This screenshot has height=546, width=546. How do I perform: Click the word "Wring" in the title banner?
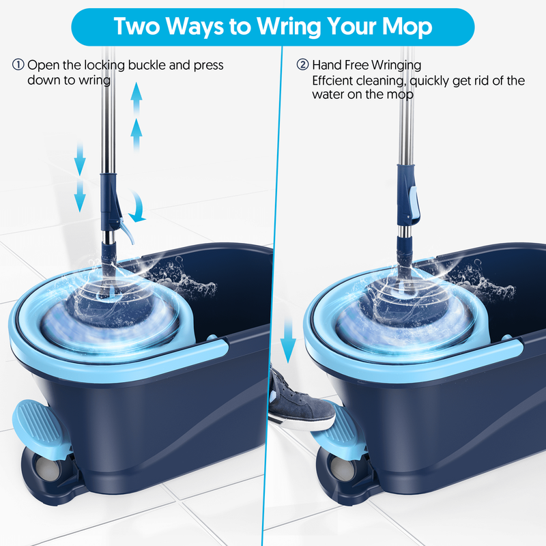pyautogui.click(x=289, y=27)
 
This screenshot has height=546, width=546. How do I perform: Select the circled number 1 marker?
pyautogui.click(x=18, y=65)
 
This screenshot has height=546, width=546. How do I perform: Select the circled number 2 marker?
pyautogui.click(x=302, y=65)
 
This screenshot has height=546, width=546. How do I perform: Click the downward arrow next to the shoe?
pyautogui.click(x=288, y=340)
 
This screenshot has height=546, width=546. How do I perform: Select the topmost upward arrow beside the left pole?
pyautogui.click(x=136, y=99)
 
